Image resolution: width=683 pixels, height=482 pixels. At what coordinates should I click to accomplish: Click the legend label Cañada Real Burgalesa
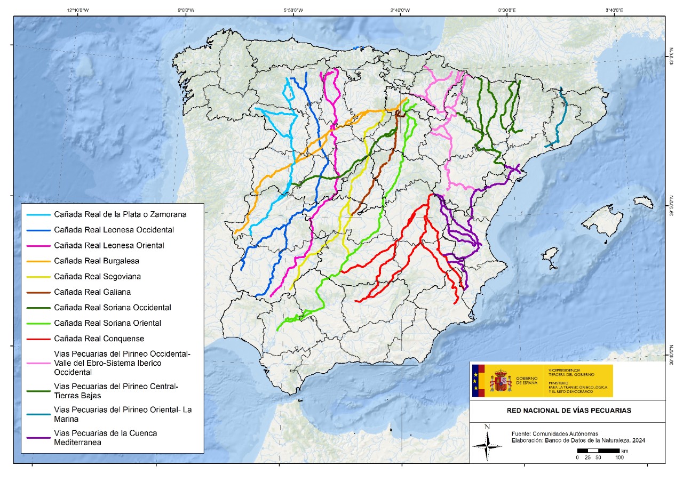[x=97, y=261]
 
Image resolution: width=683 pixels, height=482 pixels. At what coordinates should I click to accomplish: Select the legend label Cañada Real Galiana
[x=92, y=292]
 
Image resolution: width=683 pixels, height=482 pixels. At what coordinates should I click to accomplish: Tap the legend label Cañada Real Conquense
[x=99, y=339]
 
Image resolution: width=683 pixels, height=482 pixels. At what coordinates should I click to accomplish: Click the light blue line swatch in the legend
[x=38, y=215]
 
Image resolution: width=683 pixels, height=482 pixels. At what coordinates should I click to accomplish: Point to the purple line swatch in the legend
[x=38, y=438]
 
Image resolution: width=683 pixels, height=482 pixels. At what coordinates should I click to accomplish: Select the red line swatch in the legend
[x=38, y=339]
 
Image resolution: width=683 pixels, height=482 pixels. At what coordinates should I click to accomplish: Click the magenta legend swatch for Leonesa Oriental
[x=38, y=246]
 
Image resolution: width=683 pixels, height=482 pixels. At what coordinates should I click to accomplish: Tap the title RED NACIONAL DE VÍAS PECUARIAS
[x=569, y=411]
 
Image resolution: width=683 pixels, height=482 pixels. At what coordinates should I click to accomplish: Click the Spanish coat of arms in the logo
[x=500, y=381]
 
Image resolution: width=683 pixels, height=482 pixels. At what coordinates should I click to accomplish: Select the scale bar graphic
[x=598, y=451]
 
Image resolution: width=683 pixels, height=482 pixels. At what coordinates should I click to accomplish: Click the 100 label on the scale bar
[x=619, y=457]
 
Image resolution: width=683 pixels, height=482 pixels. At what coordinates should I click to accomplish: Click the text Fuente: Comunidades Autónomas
[x=547, y=433]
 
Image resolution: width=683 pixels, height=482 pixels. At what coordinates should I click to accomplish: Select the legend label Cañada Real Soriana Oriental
[x=107, y=323]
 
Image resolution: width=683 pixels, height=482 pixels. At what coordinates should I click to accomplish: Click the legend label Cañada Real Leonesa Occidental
[x=114, y=230]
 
